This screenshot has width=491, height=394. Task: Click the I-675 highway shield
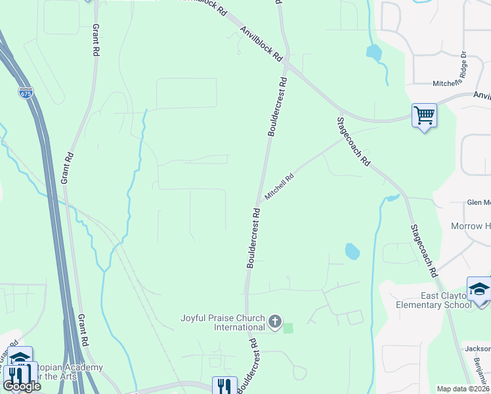tap(25, 93)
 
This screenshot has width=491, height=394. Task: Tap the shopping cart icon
tap(424, 116)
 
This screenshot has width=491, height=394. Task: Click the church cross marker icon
tap(274, 322)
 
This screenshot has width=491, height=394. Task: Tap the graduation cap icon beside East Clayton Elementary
tap(479, 290)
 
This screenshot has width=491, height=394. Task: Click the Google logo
tap(22, 386)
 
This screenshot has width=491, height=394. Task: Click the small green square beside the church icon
tap(288, 328)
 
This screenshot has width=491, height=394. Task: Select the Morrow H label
tap(470, 227)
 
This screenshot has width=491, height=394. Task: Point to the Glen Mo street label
tap(478, 203)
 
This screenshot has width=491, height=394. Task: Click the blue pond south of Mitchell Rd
tap(352, 251)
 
